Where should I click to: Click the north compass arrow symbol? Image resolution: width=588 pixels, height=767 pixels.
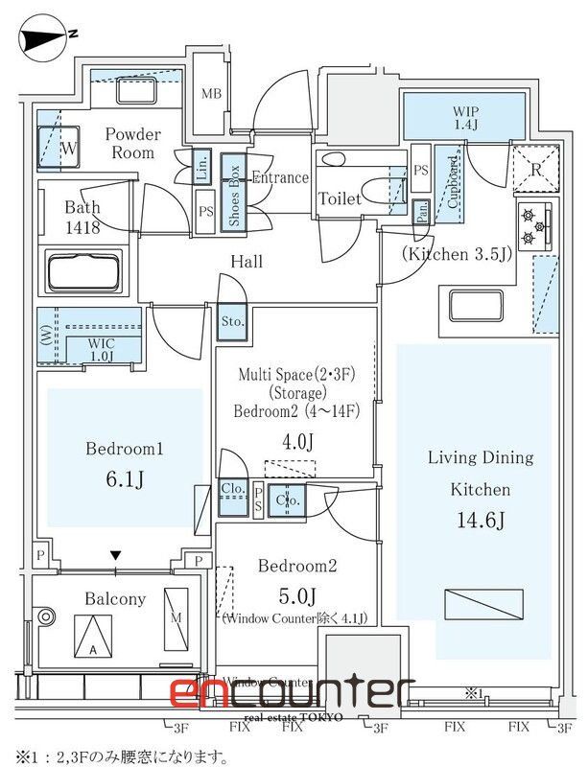point(43,37)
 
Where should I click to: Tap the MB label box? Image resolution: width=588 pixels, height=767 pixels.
point(211,94)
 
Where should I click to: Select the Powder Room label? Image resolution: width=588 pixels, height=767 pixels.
point(132,144)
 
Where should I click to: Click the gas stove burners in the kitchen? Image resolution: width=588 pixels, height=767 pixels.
point(535,228)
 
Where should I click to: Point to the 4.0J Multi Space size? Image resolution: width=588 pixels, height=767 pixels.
point(295,442)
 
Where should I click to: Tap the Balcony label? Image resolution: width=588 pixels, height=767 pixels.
point(114,599)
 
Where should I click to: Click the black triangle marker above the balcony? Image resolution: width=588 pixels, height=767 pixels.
point(116,555)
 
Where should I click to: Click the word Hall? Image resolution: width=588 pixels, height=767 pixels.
point(247,261)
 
